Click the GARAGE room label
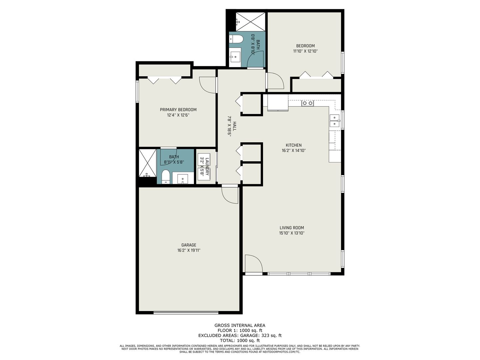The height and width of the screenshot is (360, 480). (189, 245)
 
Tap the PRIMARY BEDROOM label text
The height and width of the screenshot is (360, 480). (178, 110)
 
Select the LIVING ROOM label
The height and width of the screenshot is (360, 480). (292, 228)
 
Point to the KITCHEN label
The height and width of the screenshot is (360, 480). (294, 145)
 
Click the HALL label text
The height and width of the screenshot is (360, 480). (235, 126)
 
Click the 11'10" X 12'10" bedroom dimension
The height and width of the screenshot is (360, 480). (305, 51)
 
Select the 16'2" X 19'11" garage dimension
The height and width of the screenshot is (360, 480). (189, 250)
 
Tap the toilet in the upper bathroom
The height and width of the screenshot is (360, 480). (236, 39)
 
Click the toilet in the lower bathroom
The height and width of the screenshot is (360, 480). (166, 176)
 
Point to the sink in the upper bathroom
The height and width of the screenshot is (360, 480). (235, 56)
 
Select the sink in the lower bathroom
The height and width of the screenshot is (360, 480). (182, 179)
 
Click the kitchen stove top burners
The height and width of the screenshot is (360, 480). (307, 103)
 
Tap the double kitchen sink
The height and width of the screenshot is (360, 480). (334, 121)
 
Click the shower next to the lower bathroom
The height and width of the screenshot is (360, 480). (147, 163)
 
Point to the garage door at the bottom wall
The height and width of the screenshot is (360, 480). (186, 312)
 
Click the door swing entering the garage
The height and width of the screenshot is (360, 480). (230, 195)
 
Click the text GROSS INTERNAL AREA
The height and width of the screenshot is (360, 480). (240, 325)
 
